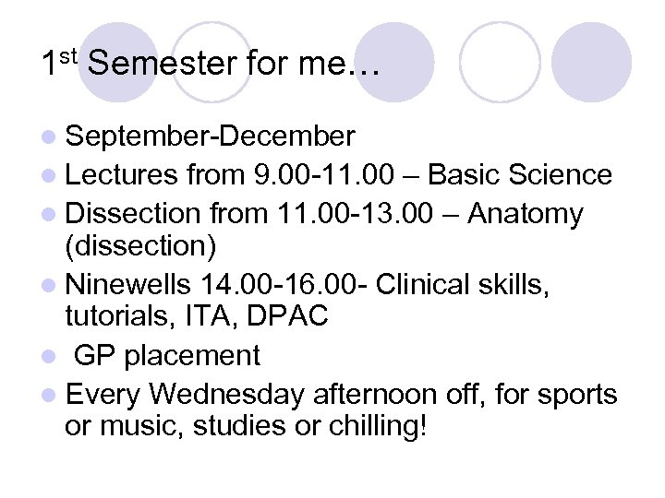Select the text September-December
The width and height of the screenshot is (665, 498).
pyautogui.click(x=210, y=137)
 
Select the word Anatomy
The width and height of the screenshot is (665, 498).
pyautogui.click(x=526, y=215)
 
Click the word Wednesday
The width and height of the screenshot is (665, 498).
pyautogui.click(x=225, y=395)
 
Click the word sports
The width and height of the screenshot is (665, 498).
pyautogui.click(x=573, y=396)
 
